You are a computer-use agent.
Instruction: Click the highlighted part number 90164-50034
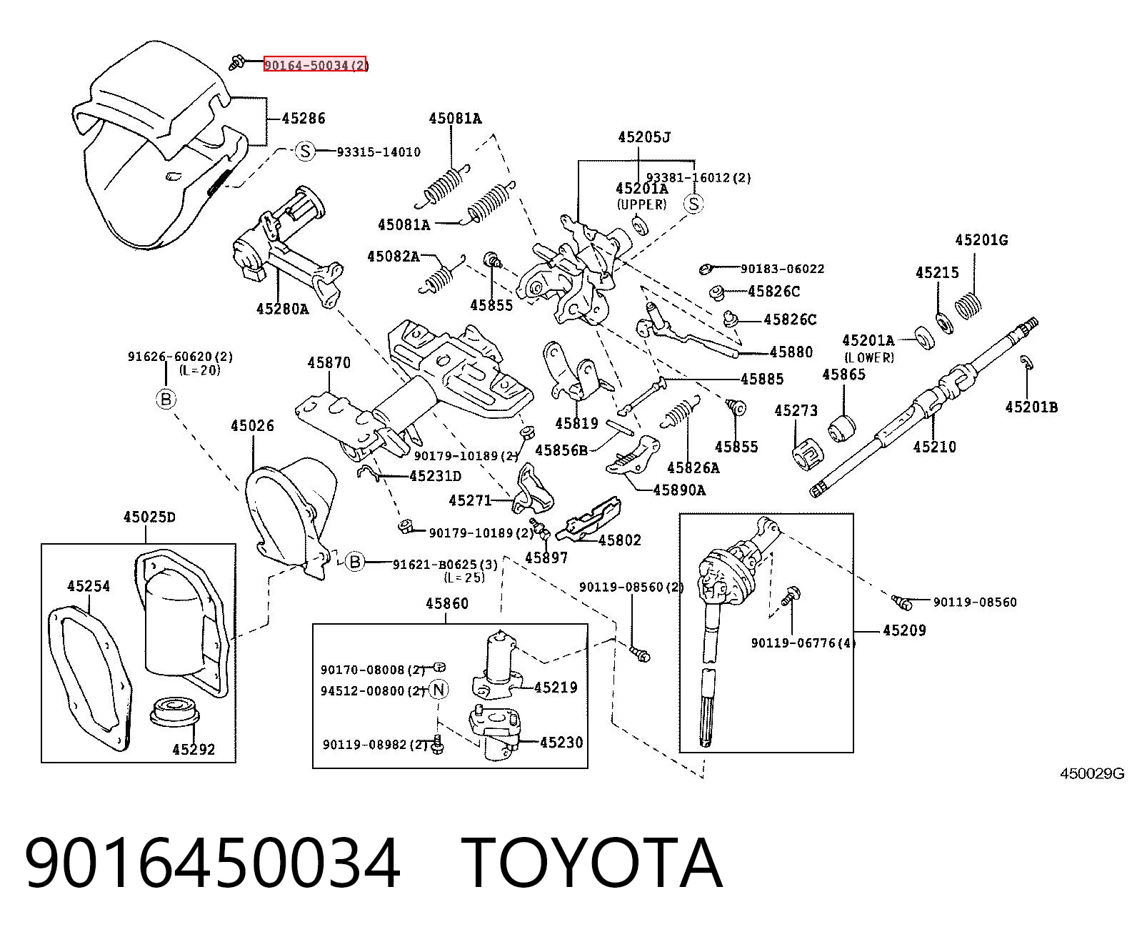[315, 64]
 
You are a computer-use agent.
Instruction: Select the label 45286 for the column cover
[304, 118]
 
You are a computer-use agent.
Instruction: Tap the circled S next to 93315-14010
[305, 151]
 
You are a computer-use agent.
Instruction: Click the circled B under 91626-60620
[166, 399]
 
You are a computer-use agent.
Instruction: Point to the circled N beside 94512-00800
[439, 690]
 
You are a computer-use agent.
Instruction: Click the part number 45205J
[644, 137]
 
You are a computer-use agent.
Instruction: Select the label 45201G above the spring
[981, 239]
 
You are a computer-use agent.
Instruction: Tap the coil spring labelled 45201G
[968, 306]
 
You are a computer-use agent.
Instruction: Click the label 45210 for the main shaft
[934, 447]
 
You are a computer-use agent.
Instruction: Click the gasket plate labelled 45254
[90, 676]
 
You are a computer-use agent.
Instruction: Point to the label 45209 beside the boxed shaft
[904, 630]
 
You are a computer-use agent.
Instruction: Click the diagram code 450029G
[1092, 773]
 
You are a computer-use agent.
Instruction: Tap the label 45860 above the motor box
[447, 603]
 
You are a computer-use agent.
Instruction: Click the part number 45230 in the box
[561, 742]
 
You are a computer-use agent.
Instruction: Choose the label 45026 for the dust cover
[252, 425]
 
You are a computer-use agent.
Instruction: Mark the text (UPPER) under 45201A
[641, 204]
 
